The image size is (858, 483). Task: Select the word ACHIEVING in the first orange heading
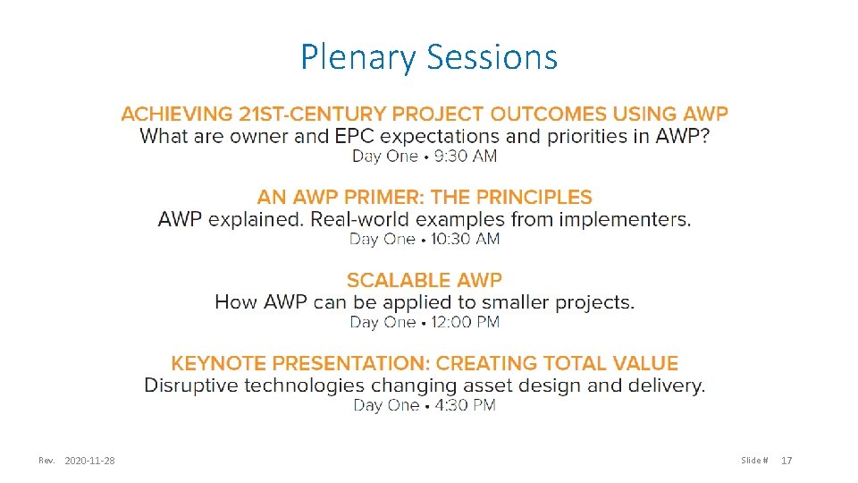coord(176,114)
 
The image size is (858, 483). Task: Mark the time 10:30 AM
coord(465,239)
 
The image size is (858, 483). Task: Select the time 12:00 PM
coord(465,322)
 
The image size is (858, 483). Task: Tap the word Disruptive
coord(190,386)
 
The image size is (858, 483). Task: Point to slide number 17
coord(786,461)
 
